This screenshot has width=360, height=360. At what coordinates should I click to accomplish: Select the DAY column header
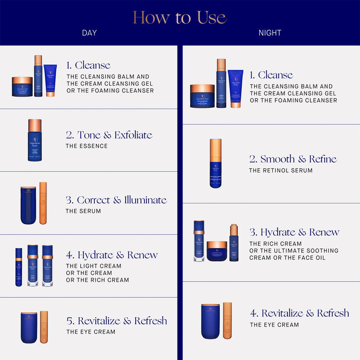pos(89,33)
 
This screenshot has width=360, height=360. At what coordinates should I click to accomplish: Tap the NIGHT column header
pos(270,33)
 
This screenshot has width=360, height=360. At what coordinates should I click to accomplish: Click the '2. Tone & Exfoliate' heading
pos(109,135)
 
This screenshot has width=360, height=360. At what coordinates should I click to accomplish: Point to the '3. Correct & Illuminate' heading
pos(116,200)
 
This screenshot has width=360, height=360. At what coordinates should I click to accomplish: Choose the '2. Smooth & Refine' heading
pos(292,159)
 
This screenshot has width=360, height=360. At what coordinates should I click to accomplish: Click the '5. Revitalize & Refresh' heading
pos(117,321)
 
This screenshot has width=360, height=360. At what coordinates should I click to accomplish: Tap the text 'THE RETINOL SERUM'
pos(281,171)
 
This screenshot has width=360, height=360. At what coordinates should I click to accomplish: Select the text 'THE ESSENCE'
pos(87,146)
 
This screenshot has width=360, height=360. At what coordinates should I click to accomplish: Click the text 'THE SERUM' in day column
pos(83,211)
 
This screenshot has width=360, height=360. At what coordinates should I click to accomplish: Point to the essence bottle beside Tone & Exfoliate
pos(35,141)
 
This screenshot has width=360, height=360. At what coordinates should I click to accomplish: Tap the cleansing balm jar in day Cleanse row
pos(21,87)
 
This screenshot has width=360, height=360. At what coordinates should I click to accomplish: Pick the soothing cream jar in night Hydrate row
pos(216,251)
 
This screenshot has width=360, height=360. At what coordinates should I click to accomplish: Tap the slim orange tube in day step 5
pos(44,327)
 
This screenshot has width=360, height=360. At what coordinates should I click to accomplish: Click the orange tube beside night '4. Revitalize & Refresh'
pos(227,321)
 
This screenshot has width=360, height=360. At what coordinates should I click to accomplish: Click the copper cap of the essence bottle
pos(35,126)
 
